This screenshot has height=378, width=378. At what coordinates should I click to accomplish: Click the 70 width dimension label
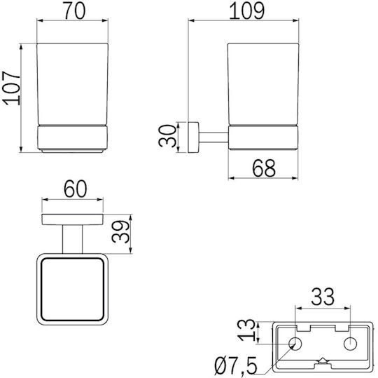[75, 11]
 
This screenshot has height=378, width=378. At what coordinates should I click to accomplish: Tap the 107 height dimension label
[12, 88]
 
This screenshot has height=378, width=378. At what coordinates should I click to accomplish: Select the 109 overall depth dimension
[246, 11]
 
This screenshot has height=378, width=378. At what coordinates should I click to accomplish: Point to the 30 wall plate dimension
[168, 136]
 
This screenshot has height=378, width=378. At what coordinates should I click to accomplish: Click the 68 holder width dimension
[264, 168]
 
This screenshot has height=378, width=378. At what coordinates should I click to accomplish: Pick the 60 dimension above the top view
[75, 189]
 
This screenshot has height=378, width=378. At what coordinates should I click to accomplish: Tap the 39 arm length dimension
[121, 231]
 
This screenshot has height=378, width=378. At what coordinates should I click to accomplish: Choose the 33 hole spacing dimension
[323, 297]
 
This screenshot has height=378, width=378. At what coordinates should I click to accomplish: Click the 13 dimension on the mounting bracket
[246, 330]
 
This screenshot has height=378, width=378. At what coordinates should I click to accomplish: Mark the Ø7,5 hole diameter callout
[236, 367]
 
